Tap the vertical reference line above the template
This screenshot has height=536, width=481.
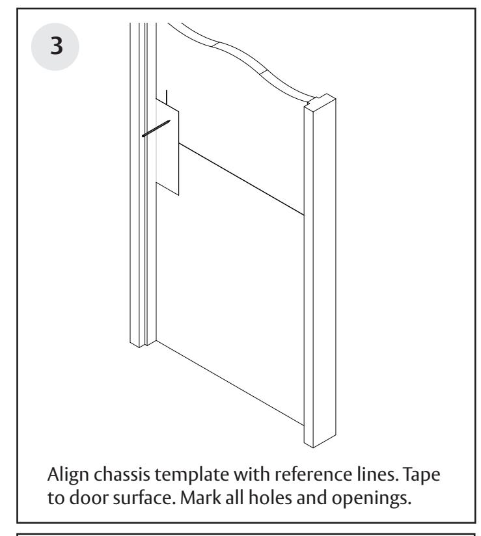tap(168, 98)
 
